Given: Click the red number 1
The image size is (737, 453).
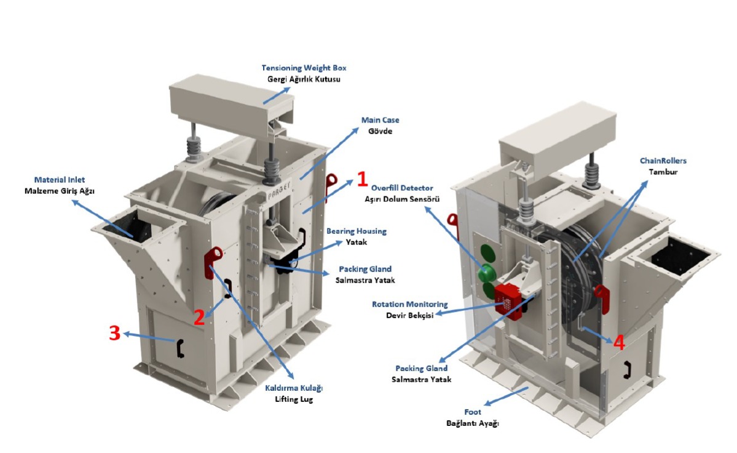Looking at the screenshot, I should tap(362, 178).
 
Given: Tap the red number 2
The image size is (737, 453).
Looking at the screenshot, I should tap(199, 317).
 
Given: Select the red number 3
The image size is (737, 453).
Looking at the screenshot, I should tap(114, 333).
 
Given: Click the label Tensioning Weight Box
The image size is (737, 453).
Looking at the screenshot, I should tap(308, 68).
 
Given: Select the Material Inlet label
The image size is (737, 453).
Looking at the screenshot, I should tap(59, 179).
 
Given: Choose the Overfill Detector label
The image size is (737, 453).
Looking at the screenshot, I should tap(402, 188).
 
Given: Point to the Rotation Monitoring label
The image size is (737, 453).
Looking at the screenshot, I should tap(409, 304).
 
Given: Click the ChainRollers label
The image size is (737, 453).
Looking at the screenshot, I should tap(663, 161).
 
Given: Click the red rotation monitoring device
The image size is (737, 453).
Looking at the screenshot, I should tap(508, 299).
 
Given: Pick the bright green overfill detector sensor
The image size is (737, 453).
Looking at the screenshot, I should tap(487, 271).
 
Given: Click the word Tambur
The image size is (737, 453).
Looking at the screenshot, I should tap(663, 172).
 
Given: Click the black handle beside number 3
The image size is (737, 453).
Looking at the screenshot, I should tap(180, 348).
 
